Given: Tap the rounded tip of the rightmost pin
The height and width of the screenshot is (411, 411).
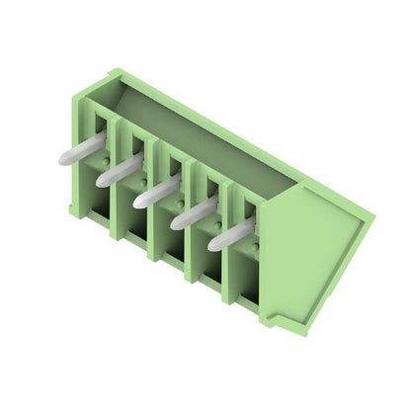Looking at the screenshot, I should click(214, 243).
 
